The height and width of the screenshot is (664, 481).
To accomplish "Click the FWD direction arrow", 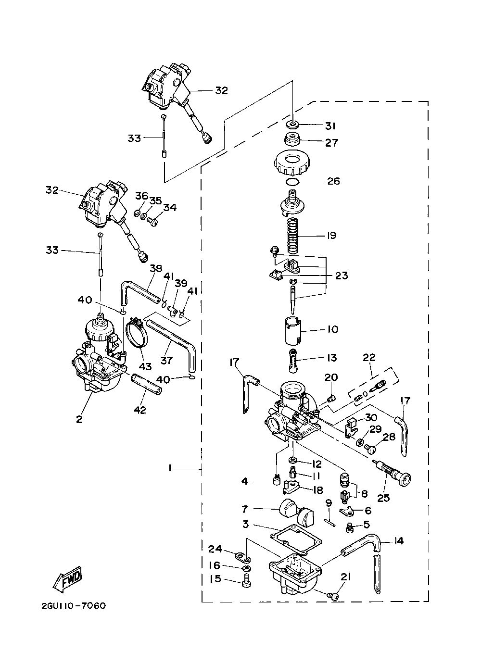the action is pyautogui.click(x=67, y=578).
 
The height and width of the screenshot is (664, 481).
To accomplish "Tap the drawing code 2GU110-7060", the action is pyautogui.click(x=74, y=605).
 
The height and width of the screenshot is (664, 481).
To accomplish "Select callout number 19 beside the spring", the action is pyautogui.click(x=331, y=236).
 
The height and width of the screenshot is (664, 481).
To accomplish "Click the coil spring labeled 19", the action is pyautogui.click(x=293, y=236).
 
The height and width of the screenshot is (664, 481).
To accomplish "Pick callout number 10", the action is pyautogui.click(x=333, y=329).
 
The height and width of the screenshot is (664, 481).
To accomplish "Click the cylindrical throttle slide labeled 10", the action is pyautogui.click(x=293, y=331).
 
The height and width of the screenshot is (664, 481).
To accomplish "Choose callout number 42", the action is pyautogui.click(x=140, y=410).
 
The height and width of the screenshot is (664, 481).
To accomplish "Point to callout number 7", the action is pyautogui.click(x=245, y=509).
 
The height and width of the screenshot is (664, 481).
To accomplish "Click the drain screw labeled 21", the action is pyautogui.click(x=333, y=596).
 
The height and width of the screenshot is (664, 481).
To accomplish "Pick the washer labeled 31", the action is pyautogui.click(x=293, y=125).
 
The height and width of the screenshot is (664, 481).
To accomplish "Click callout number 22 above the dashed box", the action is pyautogui.click(x=369, y=357).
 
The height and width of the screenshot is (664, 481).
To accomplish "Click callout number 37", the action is pyautogui.click(x=166, y=361).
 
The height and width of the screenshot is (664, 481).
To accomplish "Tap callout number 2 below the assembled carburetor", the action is pyautogui.click(x=79, y=419).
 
